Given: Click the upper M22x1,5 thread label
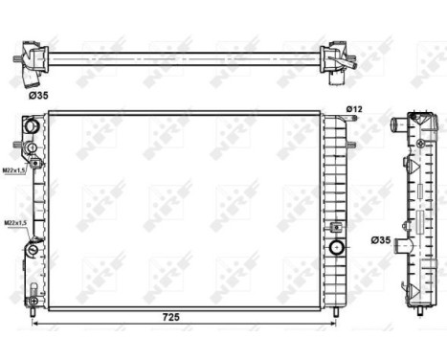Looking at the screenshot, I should coord(13,170).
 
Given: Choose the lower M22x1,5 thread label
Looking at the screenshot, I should coord(13,222).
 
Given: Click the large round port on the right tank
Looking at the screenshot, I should coord(337,247).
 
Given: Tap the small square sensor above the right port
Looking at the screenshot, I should coord(337,228).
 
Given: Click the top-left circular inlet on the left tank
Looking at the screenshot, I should coord(31,127).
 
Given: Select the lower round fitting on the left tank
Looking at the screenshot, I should coord(32,250).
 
